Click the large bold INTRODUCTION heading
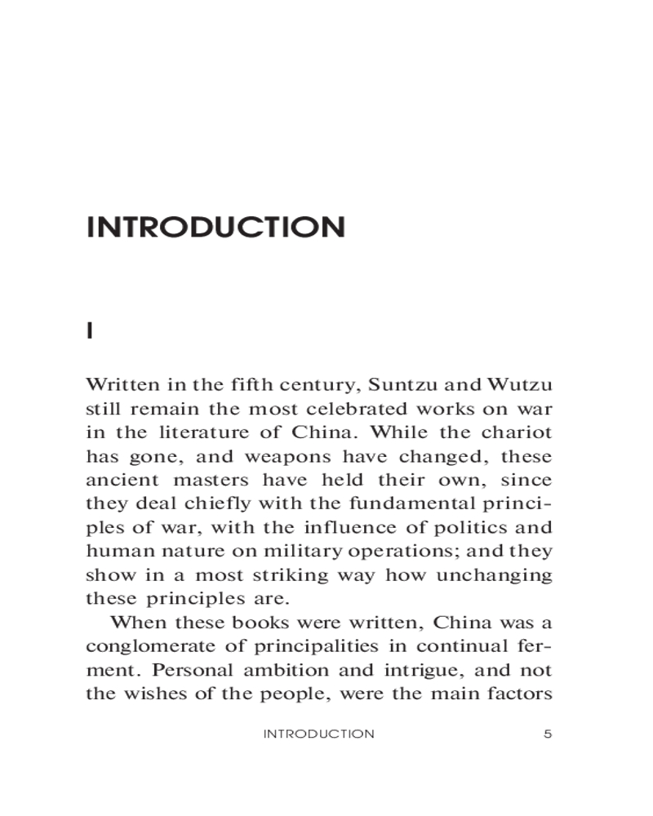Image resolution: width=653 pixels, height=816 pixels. (215, 227)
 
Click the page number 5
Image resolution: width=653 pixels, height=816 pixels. (548, 734)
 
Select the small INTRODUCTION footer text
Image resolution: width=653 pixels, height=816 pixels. (318, 734)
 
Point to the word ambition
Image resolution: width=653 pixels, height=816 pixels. (276, 670)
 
